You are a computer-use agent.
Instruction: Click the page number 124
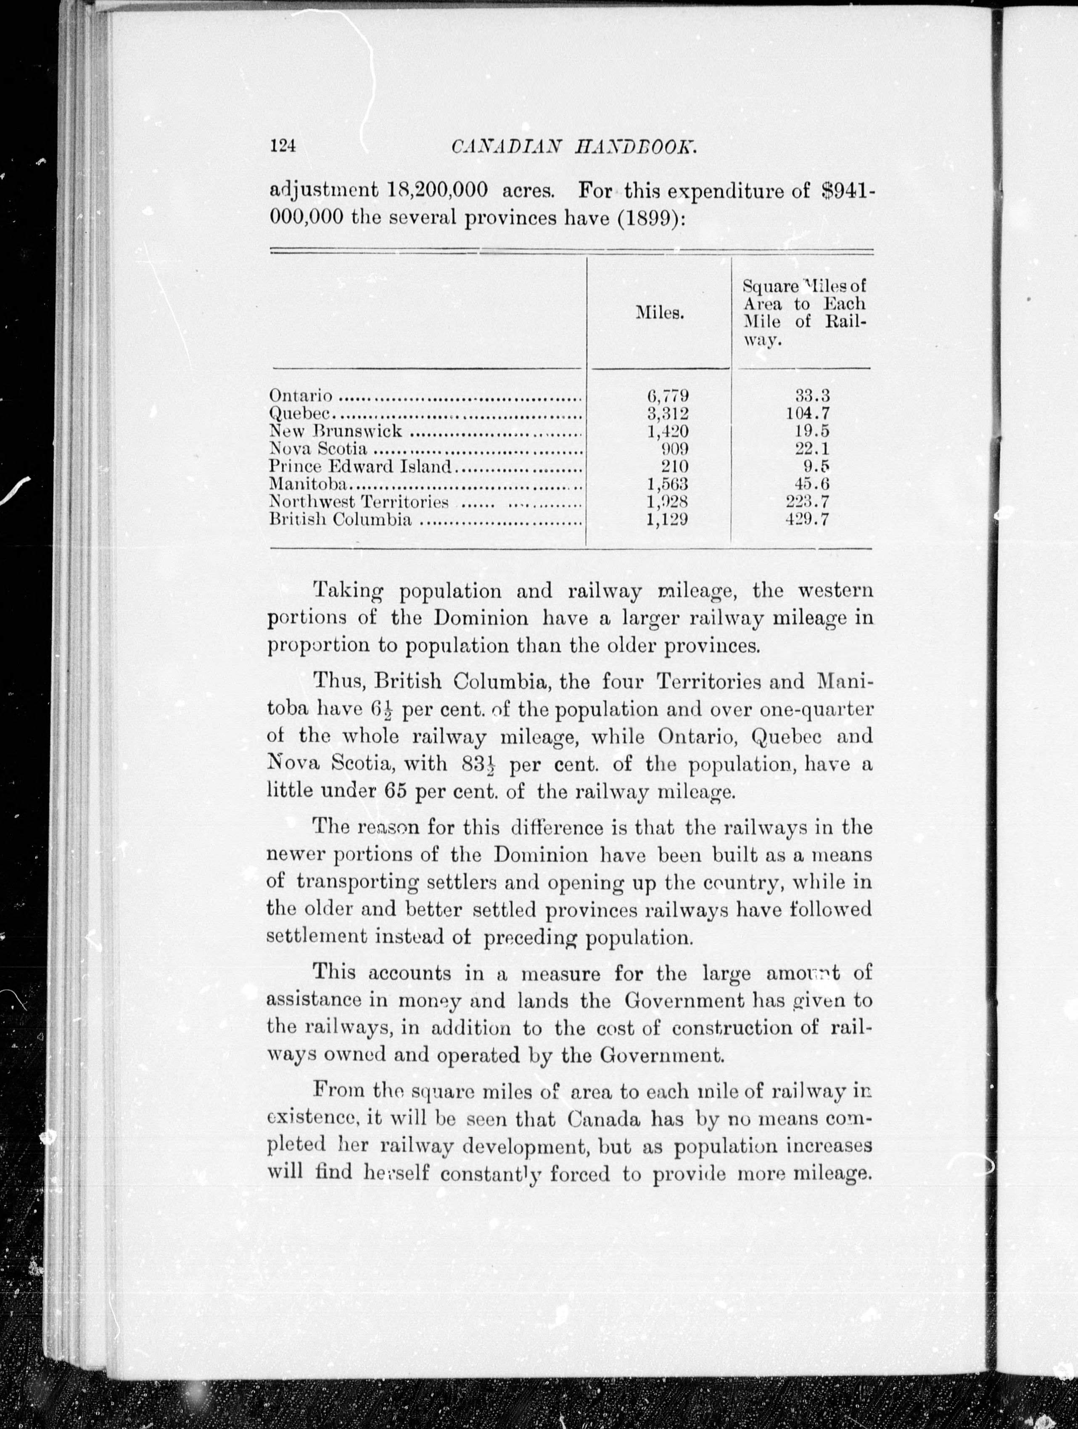click(283, 146)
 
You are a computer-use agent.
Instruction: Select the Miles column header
click(659, 313)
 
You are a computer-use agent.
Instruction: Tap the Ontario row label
click(301, 395)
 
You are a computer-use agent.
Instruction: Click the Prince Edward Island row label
click(360, 466)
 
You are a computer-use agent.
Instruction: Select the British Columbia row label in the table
click(340, 519)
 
